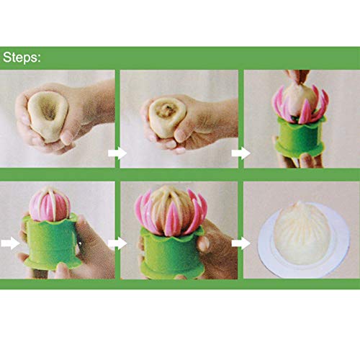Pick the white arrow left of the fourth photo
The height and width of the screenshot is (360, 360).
pyautogui.click(x=9, y=243)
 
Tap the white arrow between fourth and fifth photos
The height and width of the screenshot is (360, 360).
pyautogui.click(x=115, y=243)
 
